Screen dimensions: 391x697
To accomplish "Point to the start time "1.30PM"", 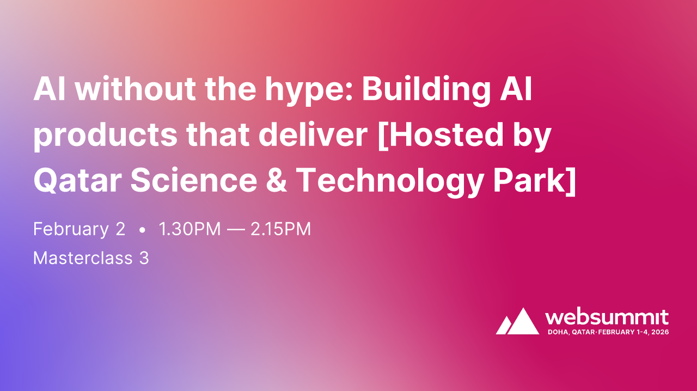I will tap(190, 229).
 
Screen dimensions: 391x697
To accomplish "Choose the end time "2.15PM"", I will tap(280, 229).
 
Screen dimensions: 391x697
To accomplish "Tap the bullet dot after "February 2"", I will tap(142, 230).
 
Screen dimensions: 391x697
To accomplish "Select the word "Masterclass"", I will tap(83, 258).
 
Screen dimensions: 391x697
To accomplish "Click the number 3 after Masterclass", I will tap(144, 258).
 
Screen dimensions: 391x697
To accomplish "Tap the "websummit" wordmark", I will tap(607, 317).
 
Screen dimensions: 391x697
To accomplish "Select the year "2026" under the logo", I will tap(658, 332).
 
